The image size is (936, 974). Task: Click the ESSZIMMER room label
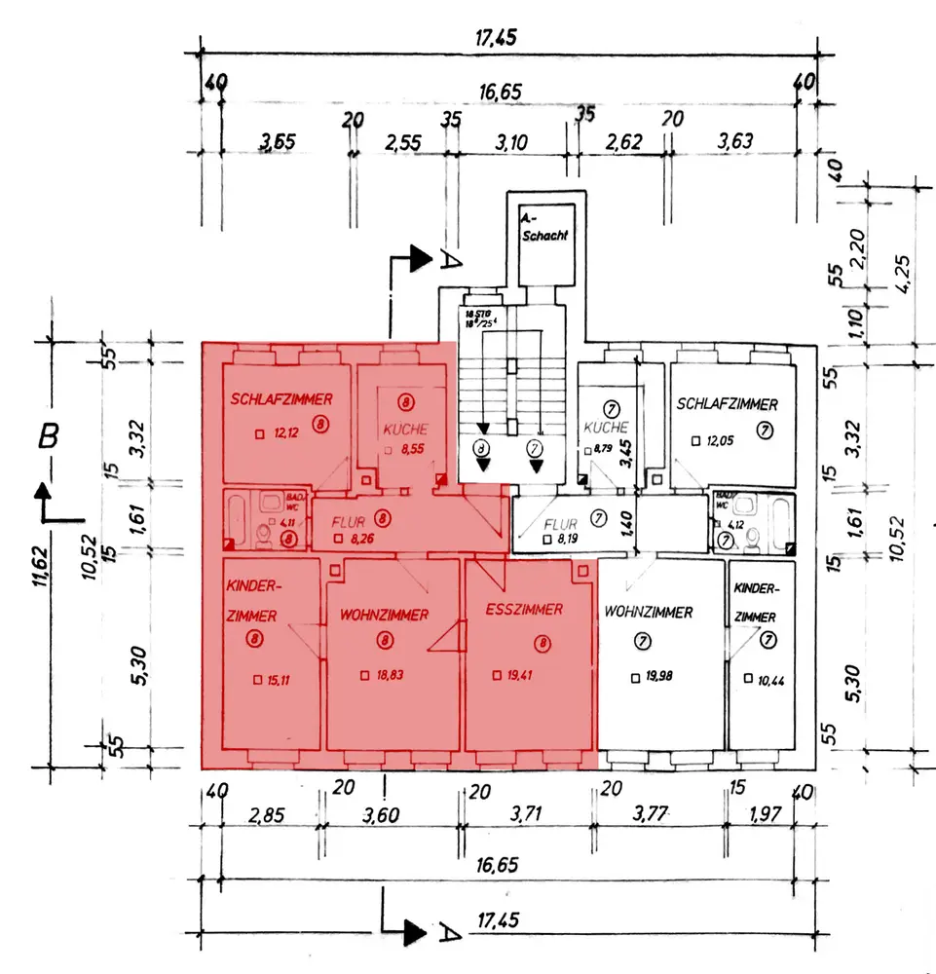(x=523, y=610)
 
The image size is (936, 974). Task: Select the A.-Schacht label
(x=543, y=228)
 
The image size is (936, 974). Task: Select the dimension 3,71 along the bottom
(x=525, y=815)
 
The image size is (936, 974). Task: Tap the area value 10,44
(x=769, y=679)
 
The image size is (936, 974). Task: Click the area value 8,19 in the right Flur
(x=568, y=538)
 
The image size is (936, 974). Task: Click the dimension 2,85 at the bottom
(x=265, y=815)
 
